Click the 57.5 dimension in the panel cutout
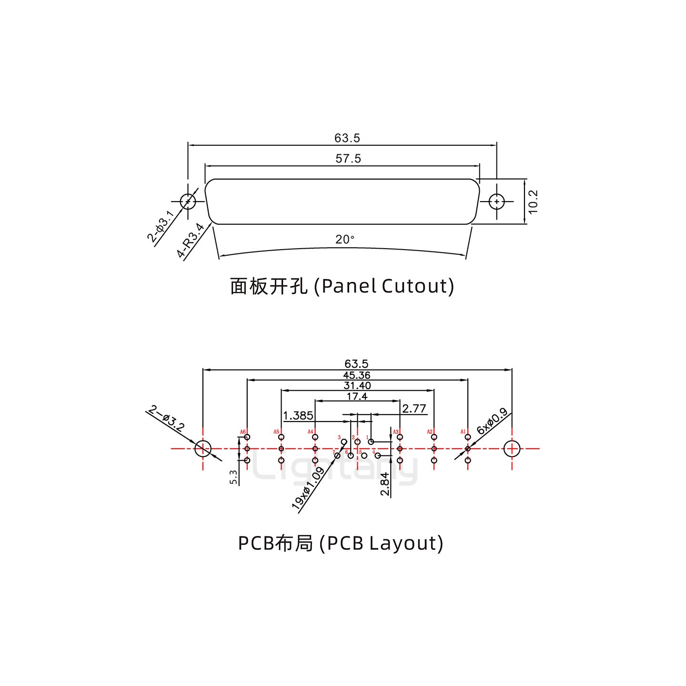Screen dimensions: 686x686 (x=348, y=159)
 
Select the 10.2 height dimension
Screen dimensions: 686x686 (x=533, y=202)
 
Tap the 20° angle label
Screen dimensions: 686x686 (x=345, y=240)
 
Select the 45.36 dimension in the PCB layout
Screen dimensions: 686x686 (x=356, y=376)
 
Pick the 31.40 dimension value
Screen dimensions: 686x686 (x=357, y=386)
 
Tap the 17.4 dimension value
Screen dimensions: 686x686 (x=357, y=396)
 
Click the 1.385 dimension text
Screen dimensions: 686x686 (x=298, y=416)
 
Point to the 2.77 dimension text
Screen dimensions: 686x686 (x=414, y=409)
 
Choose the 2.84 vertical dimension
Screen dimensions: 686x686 (x=385, y=484)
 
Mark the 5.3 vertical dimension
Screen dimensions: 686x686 (x=233, y=477)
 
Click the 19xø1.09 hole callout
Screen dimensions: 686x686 (x=308, y=490)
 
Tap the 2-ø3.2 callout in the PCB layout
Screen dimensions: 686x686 (x=166, y=419)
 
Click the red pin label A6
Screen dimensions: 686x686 (x=243, y=432)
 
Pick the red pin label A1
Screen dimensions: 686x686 (x=463, y=432)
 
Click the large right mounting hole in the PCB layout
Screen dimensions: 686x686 (x=512, y=448)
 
